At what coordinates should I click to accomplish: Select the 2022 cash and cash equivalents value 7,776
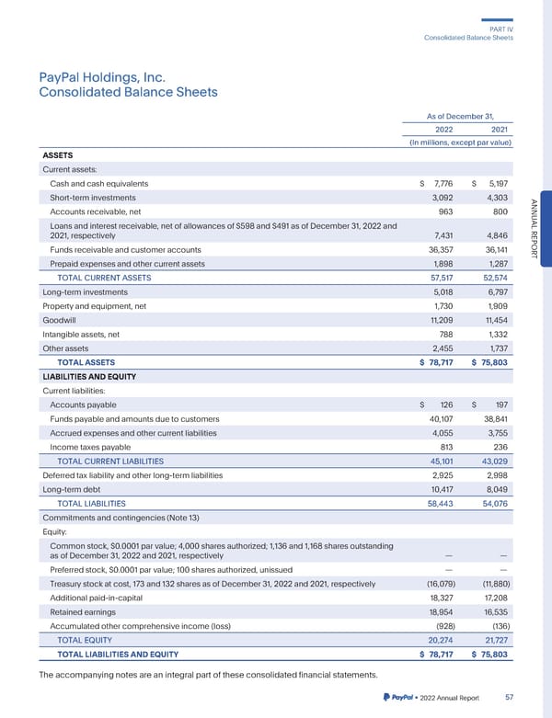[x=436, y=184]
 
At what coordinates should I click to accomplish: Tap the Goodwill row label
[x=61, y=319]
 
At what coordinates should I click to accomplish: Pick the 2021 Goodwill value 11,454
[x=493, y=319]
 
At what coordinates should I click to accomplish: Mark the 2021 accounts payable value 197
[x=501, y=405]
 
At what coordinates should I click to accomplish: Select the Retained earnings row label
[x=86, y=610]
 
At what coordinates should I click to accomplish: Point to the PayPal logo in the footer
[x=396, y=698]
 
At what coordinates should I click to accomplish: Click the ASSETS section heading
[x=58, y=155]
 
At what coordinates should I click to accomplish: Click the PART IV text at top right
[x=501, y=29]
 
